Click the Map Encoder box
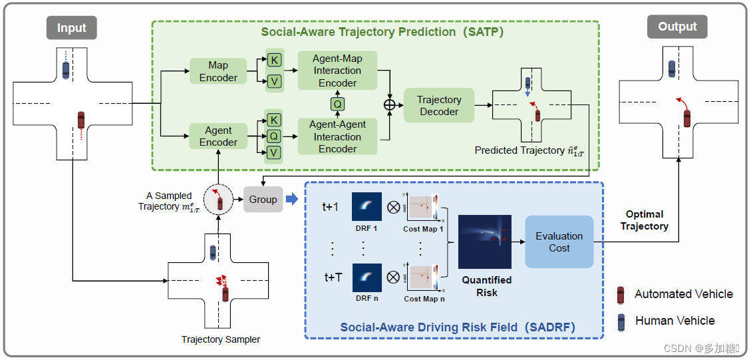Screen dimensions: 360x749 [x=218, y=71]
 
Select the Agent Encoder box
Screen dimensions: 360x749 [x=218, y=136]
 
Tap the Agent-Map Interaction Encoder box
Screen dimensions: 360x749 [x=337, y=71]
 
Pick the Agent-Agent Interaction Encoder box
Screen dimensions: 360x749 [x=337, y=136]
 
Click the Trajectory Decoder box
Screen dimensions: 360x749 [x=439, y=105]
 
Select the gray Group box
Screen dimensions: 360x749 [x=263, y=199]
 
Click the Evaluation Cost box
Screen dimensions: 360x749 [x=559, y=242]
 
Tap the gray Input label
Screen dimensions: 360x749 [x=71, y=28]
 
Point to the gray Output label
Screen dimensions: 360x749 [x=676, y=27]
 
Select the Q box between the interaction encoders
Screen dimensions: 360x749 [x=337, y=103]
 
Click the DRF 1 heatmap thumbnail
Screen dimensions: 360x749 [x=367, y=207]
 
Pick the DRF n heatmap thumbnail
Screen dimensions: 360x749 [x=367, y=278]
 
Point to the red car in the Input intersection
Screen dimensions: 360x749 [x=81, y=120]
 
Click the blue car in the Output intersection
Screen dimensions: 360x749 [x=672, y=68]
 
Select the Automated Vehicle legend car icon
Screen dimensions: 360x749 [x=621, y=294]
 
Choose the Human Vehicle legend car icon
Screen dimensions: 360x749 [x=621, y=321]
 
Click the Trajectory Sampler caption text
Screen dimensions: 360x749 [x=221, y=339]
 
